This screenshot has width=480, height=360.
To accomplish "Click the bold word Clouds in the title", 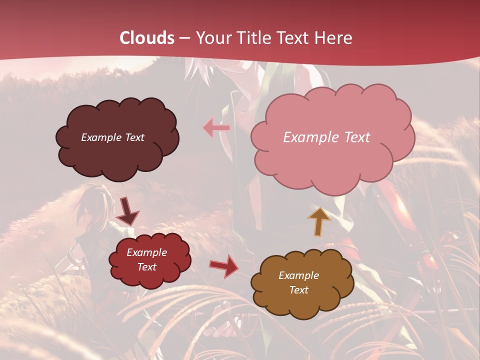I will (147, 38).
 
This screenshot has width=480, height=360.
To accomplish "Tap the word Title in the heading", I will (250, 38).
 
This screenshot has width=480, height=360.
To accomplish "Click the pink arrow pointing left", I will (216, 128).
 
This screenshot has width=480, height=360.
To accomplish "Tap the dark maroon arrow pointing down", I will (128, 211).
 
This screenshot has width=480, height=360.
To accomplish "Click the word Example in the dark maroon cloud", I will (101, 137).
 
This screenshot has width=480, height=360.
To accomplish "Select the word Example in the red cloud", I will (146, 252).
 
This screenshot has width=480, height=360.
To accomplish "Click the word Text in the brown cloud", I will (299, 290).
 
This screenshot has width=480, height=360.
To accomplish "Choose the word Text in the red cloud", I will (146, 267).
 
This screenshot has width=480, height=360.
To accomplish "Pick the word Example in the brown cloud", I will (298, 275).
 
